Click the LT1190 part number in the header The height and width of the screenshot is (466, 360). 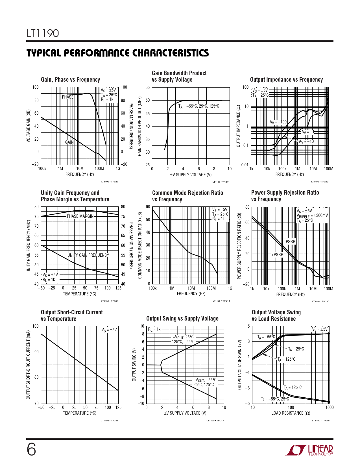coord(43,33)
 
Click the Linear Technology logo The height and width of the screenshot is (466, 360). coord(309,450)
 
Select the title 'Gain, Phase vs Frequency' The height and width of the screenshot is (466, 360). coord(70,80)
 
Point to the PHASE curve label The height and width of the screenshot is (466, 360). coord(67,97)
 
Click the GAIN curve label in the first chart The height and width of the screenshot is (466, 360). coord(69,142)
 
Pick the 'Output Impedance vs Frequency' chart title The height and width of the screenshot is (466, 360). coord(286,80)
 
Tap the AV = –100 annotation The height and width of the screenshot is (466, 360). coord(278,122)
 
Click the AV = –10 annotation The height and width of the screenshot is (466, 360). coord(306,141)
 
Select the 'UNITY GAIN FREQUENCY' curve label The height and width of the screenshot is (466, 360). coord(88,255)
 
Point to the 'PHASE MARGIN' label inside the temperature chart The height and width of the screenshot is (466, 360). coord(80,216)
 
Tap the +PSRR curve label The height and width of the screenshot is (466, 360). coord(277,254)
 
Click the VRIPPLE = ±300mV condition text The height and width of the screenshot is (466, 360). coord(312,215)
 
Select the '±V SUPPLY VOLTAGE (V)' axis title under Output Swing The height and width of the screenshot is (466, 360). coord(185,413)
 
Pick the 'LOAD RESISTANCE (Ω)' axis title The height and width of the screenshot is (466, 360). coord(291,413)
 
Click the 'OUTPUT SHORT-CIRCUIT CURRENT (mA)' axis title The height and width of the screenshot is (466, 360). coord(28,365)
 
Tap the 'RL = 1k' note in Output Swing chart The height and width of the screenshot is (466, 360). coord(154,329)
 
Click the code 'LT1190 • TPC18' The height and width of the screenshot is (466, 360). coord(320,421)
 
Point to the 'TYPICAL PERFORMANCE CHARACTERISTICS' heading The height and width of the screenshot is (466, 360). coord(118,53)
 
